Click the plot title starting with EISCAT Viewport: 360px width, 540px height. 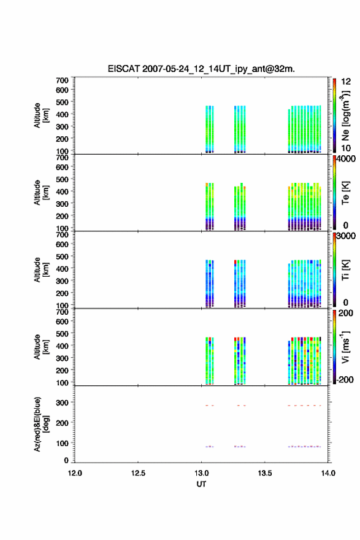coord(201,69)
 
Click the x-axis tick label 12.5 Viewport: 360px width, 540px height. coord(138,473)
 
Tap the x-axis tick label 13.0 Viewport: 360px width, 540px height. coord(201,473)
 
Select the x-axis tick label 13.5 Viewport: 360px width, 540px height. coord(265,473)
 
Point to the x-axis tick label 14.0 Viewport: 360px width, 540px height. coord(328,473)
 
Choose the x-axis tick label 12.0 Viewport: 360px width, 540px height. coord(75,473)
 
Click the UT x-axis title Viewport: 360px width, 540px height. coord(201,484)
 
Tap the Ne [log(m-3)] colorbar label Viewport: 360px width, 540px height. coord(345,115)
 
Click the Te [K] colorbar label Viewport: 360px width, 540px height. coord(345,193)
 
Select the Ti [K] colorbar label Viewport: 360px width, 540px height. coord(345,269)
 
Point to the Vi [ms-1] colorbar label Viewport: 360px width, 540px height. coord(345,347)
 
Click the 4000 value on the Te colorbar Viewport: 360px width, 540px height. coord(346,159)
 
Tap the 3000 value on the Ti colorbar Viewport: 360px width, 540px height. coord(346,236)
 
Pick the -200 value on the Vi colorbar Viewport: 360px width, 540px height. coord(345,379)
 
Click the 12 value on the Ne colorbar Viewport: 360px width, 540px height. coord(346,82)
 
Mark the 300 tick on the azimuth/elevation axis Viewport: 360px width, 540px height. coord(62,403)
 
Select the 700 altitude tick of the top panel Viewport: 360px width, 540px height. coord(62,80)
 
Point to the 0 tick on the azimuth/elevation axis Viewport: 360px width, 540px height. coord(66,460)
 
